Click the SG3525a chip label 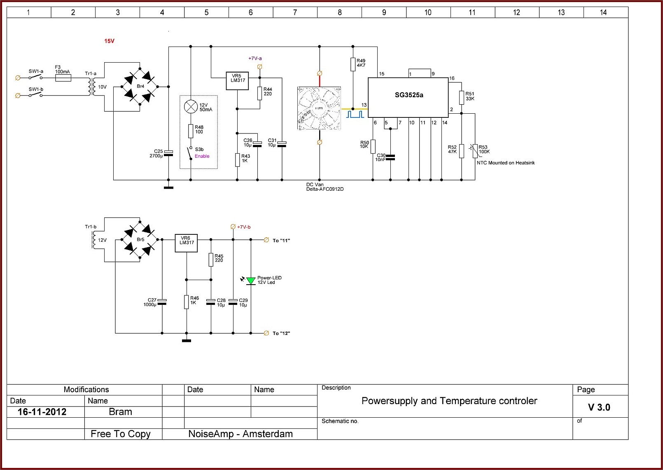[409, 95]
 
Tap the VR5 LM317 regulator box [237, 81]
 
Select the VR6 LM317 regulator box [186, 243]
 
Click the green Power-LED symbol [251, 281]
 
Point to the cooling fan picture [319, 108]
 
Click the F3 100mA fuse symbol [63, 78]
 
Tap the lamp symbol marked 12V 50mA [191, 107]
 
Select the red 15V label [109, 41]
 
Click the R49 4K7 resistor [353, 64]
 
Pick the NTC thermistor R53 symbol [475, 151]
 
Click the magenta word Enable [202, 156]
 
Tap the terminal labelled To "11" [266, 240]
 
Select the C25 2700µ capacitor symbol [168, 153]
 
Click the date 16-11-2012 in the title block [42, 412]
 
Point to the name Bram [120, 412]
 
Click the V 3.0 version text [599, 407]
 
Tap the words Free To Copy [121, 434]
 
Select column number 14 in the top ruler [603, 12]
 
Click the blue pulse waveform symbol [355, 115]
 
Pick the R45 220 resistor [211, 260]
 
